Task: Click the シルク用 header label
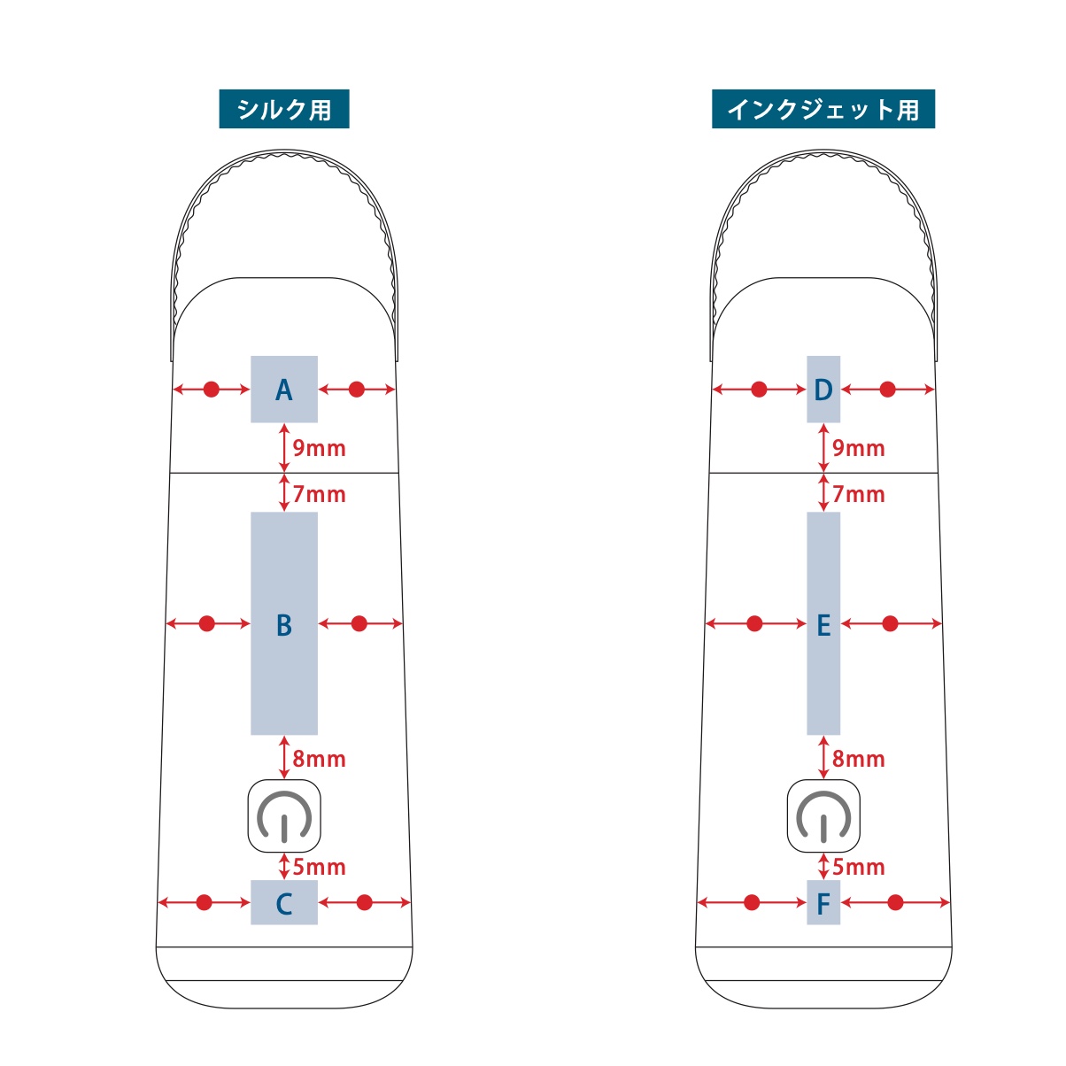pyautogui.click(x=284, y=110)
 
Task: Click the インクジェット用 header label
pyautogui.click(x=823, y=110)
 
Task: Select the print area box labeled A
pyautogui.click(x=284, y=390)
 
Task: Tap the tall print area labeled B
pyautogui.click(x=284, y=623)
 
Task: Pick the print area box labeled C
pyautogui.click(x=284, y=903)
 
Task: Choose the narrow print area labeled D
pyautogui.click(x=823, y=390)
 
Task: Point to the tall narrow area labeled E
pyautogui.click(x=823, y=623)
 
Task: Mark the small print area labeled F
pyautogui.click(x=823, y=903)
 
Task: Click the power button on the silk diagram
pyautogui.click(x=283, y=816)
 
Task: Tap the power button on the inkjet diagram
pyautogui.click(x=823, y=816)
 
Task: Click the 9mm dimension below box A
pyautogui.click(x=319, y=448)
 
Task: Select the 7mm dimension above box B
pyautogui.click(x=319, y=494)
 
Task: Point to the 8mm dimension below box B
pyautogui.click(x=319, y=759)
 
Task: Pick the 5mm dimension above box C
pyautogui.click(x=319, y=867)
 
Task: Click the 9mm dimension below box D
pyautogui.click(x=858, y=448)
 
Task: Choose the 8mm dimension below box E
pyautogui.click(x=858, y=759)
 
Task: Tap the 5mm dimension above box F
pyautogui.click(x=858, y=867)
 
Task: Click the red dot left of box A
pyautogui.click(x=211, y=390)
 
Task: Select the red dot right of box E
pyautogui.click(x=890, y=624)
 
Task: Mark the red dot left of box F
pyautogui.click(x=752, y=903)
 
